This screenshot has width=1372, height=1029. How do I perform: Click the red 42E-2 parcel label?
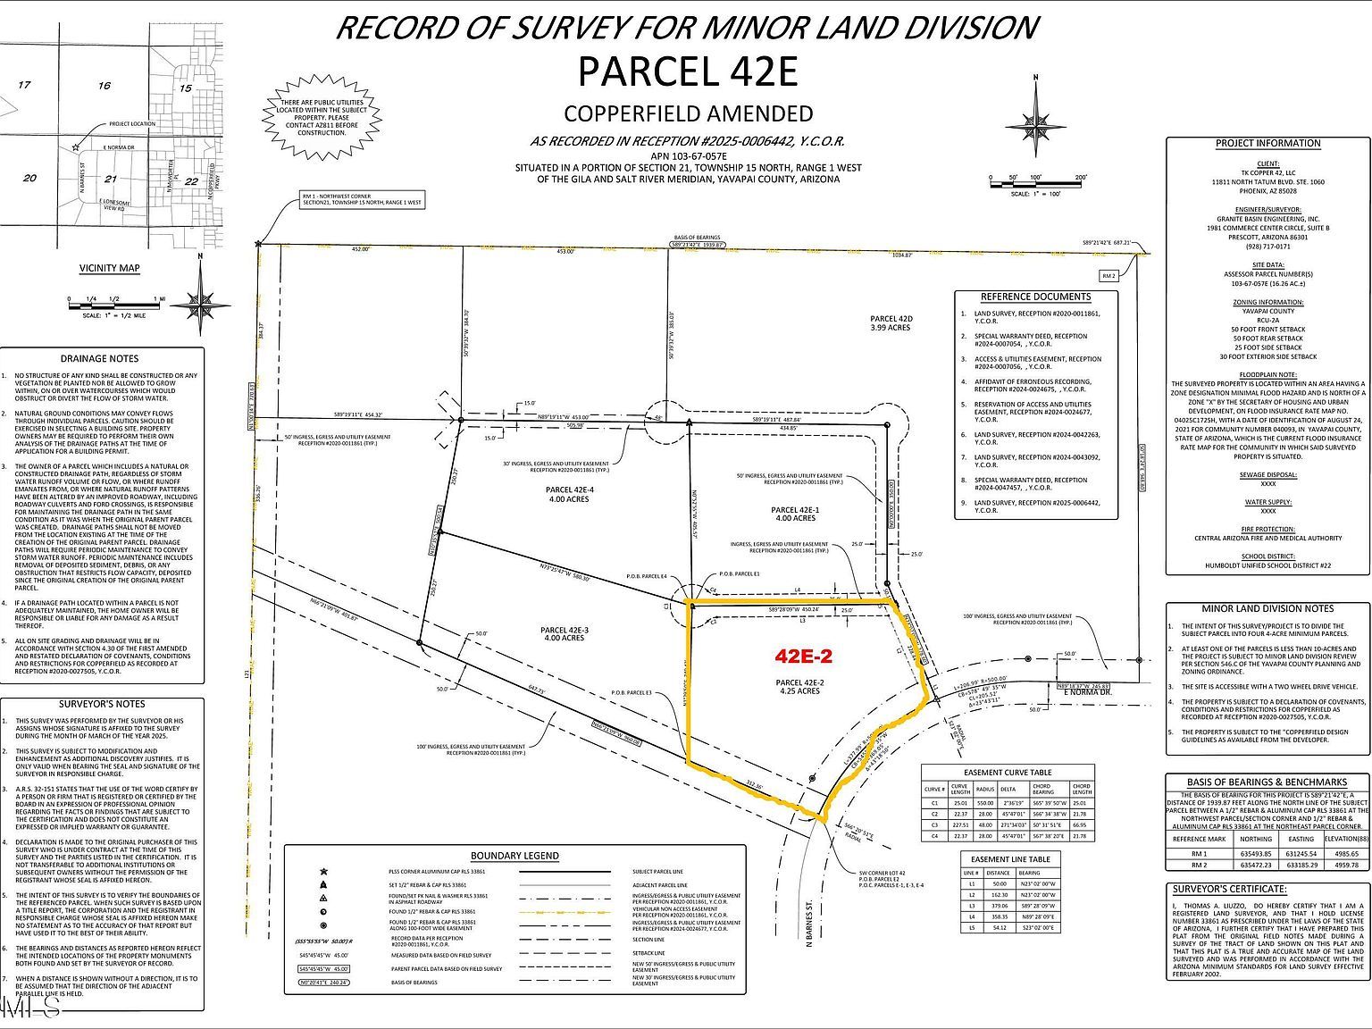point(803,657)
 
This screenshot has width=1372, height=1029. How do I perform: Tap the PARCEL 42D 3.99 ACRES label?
point(891,322)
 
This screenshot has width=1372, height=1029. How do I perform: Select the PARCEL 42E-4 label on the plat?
point(570,495)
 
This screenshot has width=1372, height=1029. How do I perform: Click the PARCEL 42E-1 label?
point(795,513)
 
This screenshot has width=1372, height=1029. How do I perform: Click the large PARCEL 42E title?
point(687,71)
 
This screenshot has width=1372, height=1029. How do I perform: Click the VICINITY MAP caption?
point(109,268)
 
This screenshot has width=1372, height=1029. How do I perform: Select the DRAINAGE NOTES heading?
point(99,358)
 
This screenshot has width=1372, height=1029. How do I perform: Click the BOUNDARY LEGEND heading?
point(514,856)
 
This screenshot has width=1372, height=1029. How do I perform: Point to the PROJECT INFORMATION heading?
point(1267,143)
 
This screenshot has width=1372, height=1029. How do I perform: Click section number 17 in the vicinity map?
point(24,86)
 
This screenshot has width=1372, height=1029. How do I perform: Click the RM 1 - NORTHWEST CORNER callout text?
point(362,199)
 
